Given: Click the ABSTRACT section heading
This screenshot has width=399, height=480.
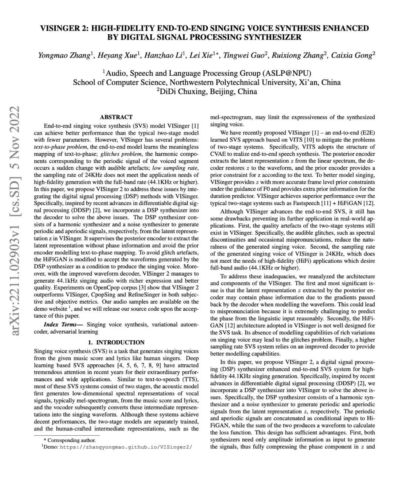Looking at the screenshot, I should click(116, 117).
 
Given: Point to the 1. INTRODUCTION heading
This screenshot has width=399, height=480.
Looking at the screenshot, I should click(116, 342).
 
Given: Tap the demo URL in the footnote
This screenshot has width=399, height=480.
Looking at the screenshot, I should click(126, 447).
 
